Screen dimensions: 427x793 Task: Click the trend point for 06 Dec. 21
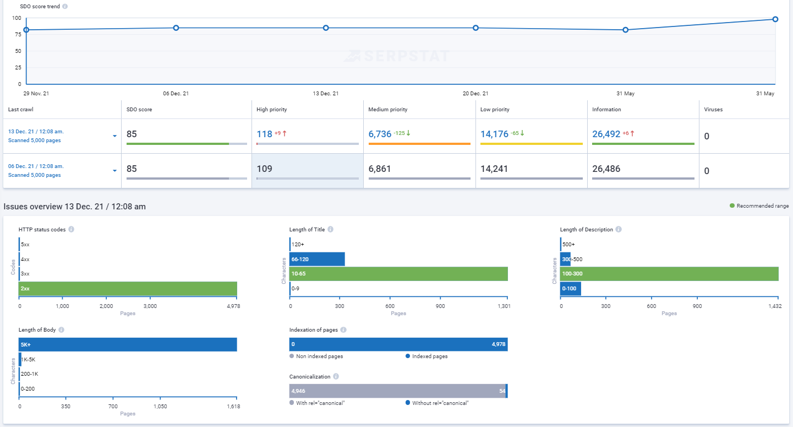[x=176, y=28]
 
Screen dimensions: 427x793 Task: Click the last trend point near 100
[x=775, y=19]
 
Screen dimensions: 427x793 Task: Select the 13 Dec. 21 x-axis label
[x=326, y=94]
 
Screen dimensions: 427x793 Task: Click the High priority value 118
[x=265, y=134]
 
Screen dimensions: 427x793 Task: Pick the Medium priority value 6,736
[x=380, y=134]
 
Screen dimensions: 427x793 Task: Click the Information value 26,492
[x=606, y=134]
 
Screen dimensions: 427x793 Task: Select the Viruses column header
[x=713, y=110]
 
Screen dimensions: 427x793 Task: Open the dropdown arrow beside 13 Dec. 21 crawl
[x=115, y=136]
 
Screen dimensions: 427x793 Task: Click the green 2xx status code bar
[x=128, y=289]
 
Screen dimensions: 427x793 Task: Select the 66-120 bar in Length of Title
[x=317, y=260]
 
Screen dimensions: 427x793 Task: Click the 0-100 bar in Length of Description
[x=570, y=289]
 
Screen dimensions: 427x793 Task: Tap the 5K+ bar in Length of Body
[x=128, y=345]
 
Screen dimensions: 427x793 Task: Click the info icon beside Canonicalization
[x=336, y=377]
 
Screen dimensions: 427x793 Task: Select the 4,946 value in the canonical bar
[x=298, y=391]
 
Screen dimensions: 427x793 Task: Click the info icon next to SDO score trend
[x=65, y=7]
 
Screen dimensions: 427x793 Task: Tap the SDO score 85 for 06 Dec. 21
[x=132, y=169]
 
